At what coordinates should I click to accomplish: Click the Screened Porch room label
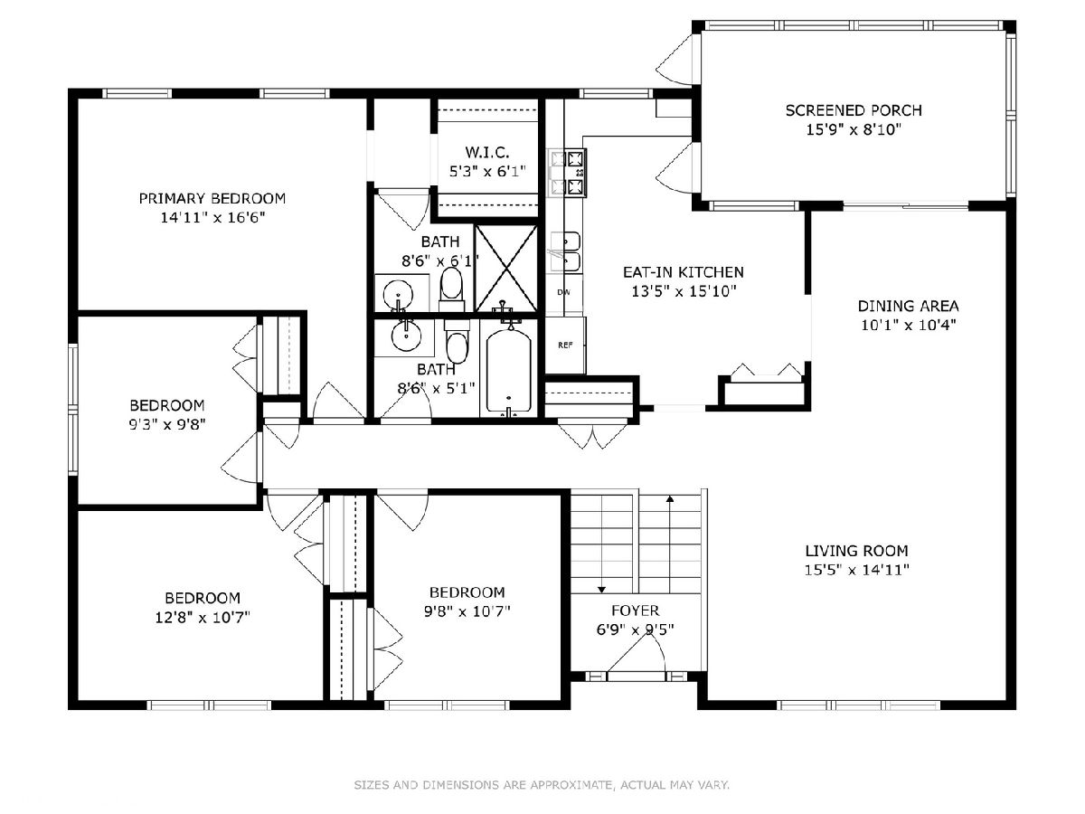tap(854, 110)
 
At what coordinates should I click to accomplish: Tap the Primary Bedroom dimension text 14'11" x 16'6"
tap(212, 217)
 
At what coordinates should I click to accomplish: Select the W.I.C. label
tap(486, 152)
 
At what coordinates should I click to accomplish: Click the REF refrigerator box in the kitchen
tap(565, 345)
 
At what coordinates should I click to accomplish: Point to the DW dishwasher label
tap(563, 292)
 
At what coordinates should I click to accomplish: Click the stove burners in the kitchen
tap(569, 173)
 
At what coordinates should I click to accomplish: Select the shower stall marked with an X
tap(506, 269)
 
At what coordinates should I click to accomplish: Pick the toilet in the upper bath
tap(452, 289)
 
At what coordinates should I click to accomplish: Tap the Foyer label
tap(636, 610)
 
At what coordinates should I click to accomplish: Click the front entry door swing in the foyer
tap(637, 653)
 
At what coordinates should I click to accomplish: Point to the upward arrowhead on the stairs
tap(670, 498)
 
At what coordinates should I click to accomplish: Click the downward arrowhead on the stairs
tap(601, 589)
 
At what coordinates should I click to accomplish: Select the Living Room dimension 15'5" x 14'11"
tap(856, 570)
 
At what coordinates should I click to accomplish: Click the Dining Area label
tap(908, 306)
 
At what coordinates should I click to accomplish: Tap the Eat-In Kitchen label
tap(684, 272)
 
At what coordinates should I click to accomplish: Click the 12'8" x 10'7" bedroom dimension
tap(203, 618)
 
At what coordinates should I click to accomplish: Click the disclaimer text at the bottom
tap(542, 784)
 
